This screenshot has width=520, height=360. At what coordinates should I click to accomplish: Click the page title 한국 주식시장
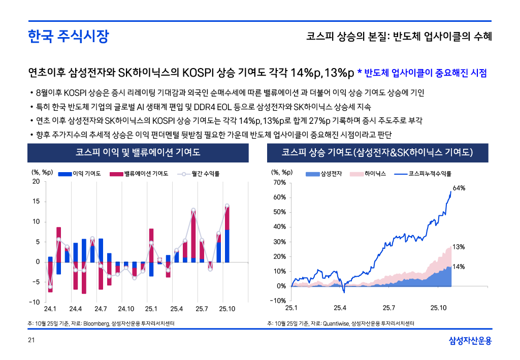coord(68,37)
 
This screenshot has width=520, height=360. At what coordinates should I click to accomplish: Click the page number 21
coord(31,340)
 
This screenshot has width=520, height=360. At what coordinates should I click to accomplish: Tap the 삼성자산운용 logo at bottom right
coord(470,340)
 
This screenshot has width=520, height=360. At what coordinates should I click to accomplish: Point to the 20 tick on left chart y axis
coord(36,182)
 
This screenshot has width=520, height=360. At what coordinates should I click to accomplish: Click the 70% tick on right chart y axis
coord(280,182)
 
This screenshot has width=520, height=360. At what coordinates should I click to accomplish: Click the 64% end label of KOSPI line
coord(459,188)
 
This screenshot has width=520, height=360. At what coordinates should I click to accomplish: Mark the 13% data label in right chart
coord(459,247)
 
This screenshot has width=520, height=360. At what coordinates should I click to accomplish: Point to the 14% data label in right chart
coord(459,267)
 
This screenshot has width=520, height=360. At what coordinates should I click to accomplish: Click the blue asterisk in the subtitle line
coord(360,73)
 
